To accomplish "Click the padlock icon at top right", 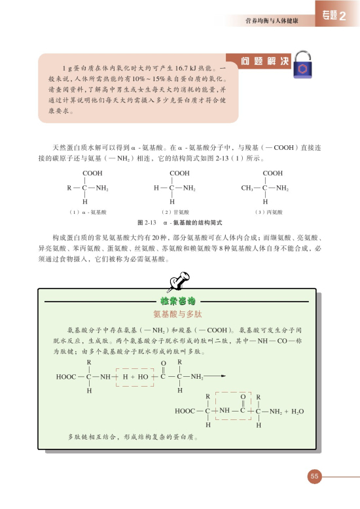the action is click(x=303, y=67).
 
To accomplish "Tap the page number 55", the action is click(x=315, y=476).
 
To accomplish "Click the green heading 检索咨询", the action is click(x=177, y=302).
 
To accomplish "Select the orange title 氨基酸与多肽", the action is click(x=177, y=314).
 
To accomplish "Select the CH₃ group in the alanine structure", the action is click(x=249, y=188).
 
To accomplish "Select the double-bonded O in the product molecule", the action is click(x=243, y=397).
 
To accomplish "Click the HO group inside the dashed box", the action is click(x=143, y=377).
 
